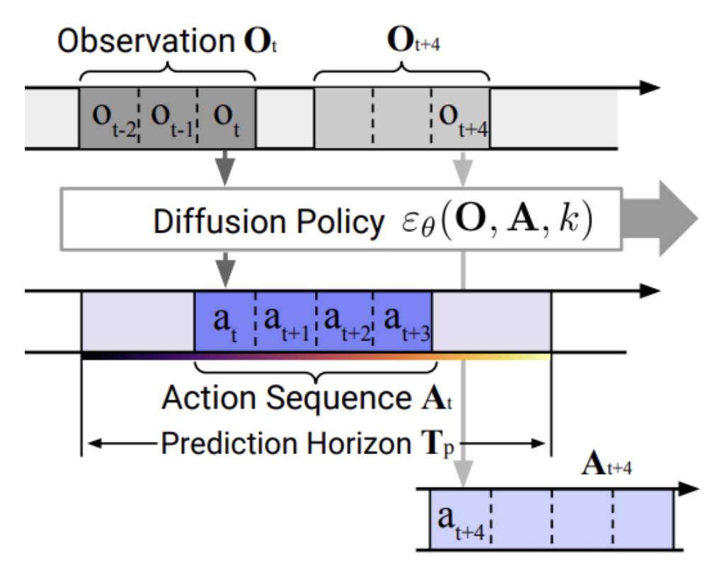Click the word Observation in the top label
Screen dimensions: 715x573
tap(146, 41)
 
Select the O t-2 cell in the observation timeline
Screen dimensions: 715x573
tap(110, 118)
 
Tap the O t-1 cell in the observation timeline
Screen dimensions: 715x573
tap(168, 118)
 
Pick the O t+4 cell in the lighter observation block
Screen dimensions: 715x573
tap(461, 118)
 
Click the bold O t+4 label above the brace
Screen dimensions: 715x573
tap(413, 40)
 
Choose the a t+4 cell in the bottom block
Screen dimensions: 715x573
tap(461, 520)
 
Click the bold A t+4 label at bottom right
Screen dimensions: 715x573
tap(607, 465)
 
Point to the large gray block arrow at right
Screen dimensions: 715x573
tap(660, 219)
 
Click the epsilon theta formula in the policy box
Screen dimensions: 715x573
tap(497, 220)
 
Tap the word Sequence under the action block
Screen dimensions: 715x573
tap(339, 398)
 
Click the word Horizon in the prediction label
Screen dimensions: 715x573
tap(359, 443)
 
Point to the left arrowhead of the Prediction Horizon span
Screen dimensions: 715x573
tap(94, 443)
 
